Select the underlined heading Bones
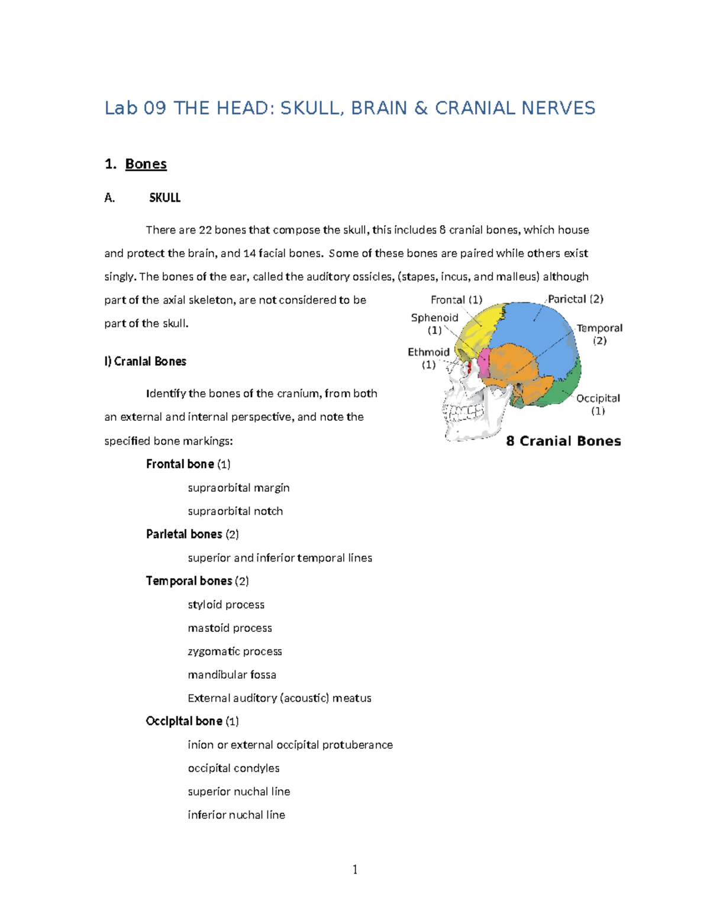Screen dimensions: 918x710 click(146, 164)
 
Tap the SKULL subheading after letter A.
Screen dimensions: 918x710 click(164, 198)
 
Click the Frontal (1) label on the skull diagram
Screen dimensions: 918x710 click(456, 300)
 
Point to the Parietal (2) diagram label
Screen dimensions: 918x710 click(575, 299)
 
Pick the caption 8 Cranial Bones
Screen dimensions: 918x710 click(563, 441)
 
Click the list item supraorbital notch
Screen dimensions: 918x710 click(235, 511)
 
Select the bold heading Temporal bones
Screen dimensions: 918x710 click(189, 581)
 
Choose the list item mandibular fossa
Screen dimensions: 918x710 click(231, 674)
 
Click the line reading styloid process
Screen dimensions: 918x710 click(225, 605)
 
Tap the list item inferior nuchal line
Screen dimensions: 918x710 click(236, 815)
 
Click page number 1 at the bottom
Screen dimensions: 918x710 click(354, 869)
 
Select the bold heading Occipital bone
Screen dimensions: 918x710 click(184, 721)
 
